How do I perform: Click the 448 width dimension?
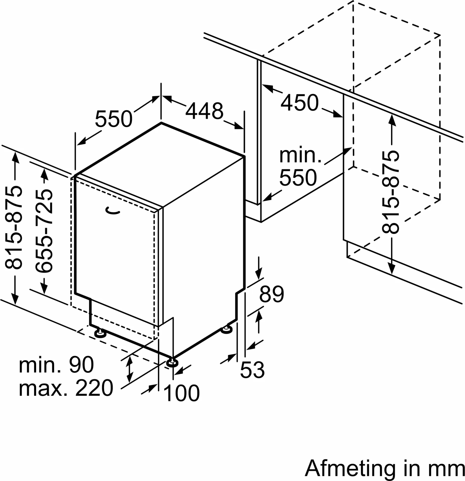[204, 111]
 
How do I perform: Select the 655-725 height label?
[44, 231]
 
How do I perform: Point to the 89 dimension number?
[271, 294]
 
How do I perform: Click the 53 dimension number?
[252, 370]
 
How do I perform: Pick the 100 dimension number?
[181, 393]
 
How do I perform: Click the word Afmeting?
[350, 469]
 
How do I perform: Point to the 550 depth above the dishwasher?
[114, 118]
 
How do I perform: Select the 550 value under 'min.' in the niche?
[298, 177]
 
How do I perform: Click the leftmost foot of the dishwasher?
[100, 333]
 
